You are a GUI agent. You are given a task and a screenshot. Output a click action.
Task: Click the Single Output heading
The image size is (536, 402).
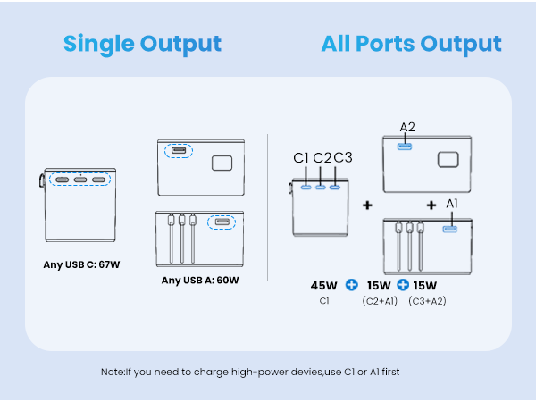pos(142,44)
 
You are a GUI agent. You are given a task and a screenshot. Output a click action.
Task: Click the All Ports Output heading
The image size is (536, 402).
pos(412,44)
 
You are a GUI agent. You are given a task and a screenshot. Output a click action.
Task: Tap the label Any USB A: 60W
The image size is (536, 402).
pos(200,280)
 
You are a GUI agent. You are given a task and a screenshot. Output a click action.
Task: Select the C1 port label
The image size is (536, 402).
pos(302,158)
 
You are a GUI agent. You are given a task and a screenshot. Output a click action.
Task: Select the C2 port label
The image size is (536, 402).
pos(322,158)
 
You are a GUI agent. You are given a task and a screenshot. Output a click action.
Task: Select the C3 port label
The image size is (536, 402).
pos(343,158)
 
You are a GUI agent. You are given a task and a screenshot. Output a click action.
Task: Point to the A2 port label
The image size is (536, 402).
pos(408,127)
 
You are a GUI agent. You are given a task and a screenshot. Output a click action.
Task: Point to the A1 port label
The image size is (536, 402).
pos(452,204)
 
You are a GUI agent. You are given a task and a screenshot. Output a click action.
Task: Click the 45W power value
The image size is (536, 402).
pos(323,286)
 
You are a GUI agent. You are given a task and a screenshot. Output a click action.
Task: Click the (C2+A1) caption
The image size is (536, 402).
pos(379,301)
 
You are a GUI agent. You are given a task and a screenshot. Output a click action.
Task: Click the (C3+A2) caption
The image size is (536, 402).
pos(428,301)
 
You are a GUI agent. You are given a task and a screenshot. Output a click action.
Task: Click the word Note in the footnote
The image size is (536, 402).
pos(113,371)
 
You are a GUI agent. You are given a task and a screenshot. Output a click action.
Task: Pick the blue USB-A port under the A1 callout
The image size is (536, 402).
pos(449,230)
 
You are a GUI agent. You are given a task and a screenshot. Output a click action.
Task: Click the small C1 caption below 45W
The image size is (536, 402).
pos(324,301)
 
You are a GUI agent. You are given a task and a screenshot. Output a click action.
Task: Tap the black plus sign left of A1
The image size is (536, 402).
pos(431,205)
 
